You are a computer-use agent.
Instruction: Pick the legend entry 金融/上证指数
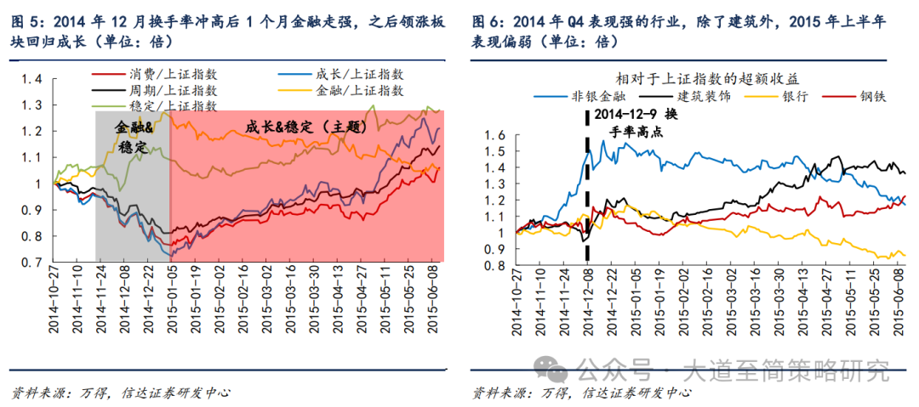point(345,91)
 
